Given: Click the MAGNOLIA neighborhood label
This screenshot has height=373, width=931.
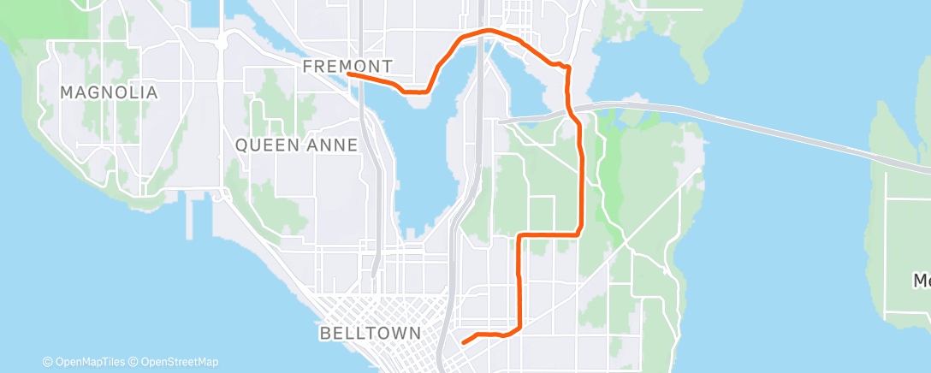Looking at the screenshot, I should pyautogui.click(x=109, y=92).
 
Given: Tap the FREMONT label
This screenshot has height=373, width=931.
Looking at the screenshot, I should pyautogui.click(x=347, y=66).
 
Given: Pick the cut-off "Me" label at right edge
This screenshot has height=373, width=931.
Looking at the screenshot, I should pyautogui.click(x=922, y=281).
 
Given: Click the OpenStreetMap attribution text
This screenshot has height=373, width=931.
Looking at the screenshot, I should pyautogui.click(x=175, y=362).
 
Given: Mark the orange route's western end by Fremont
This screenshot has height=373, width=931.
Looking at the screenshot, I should pyautogui.click(x=349, y=74).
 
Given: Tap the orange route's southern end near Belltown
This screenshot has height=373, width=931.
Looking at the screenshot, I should pyautogui.click(x=463, y=342).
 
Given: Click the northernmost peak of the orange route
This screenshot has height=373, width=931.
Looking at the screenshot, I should pyautogui.click(x=488, y=30).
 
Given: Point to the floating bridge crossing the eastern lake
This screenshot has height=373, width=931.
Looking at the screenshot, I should pyautogui.click(x=770, y=128).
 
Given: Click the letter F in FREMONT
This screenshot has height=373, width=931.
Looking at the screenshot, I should pyautogui.click(x=308, y=66).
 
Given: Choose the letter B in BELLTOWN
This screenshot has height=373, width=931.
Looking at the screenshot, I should pyautogui.click(x=323, y=332).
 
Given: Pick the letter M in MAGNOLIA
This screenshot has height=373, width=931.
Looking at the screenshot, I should pyautogui.click(x=66, y=92).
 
